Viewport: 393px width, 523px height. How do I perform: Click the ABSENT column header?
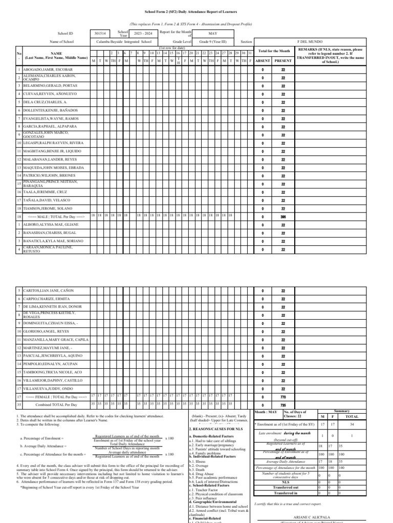[x=263, y=60]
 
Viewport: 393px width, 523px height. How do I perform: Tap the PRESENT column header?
[x=283, y=60]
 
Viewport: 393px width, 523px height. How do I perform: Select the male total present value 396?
[x=283, y=217]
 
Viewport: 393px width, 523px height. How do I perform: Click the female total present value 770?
[x=283, y=397]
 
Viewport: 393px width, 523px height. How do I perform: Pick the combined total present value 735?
[x=283, y=405]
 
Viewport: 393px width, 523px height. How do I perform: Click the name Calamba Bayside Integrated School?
[x=125, y=41]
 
